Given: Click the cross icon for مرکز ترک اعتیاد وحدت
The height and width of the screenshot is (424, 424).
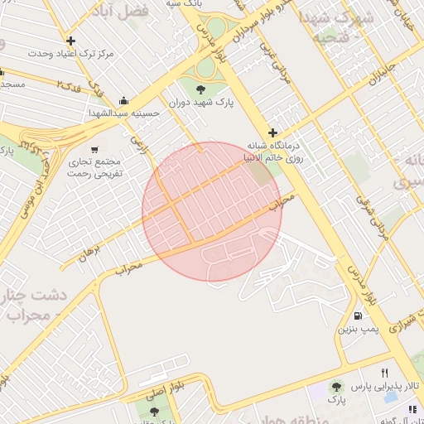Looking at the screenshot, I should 70,41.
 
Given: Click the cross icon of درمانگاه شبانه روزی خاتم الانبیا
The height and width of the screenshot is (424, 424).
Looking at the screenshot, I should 272,132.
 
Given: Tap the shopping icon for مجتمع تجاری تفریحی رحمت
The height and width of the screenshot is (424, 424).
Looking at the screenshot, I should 95,149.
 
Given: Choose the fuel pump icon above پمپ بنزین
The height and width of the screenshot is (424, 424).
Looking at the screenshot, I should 358,315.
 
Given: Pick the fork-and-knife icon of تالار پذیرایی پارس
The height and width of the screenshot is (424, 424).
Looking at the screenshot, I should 384,373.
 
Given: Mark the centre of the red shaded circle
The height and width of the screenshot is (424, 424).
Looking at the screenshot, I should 212,212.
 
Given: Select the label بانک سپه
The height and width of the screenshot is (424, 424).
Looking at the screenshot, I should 184,4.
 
